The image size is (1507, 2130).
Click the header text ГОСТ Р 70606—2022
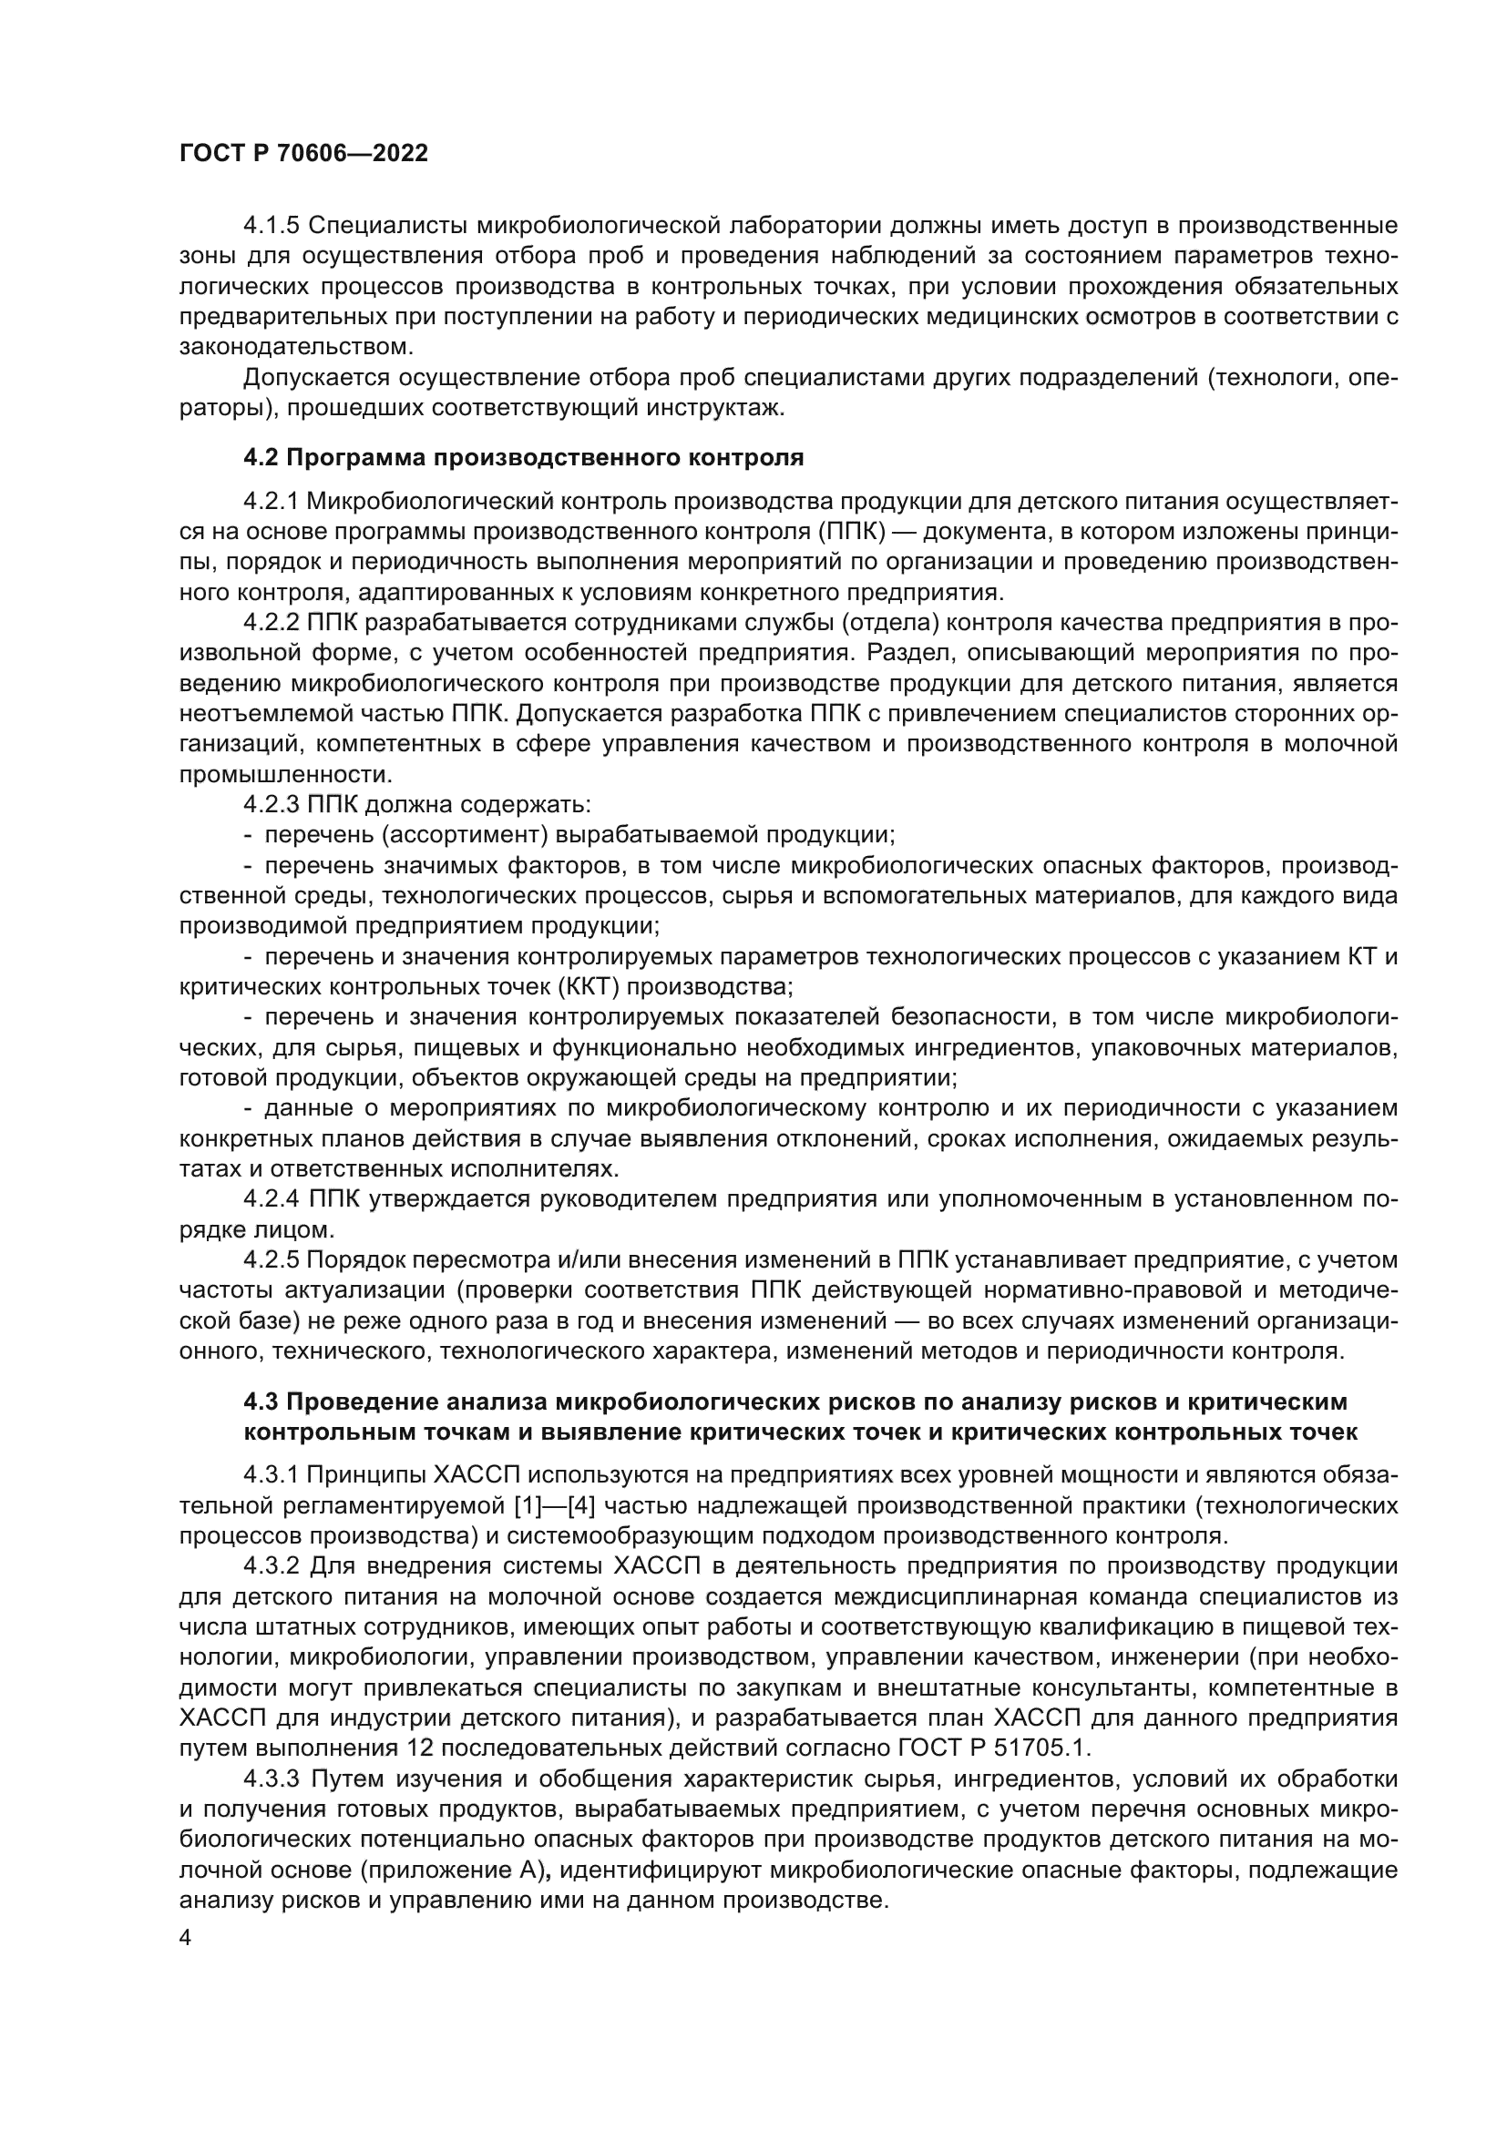[303, 154]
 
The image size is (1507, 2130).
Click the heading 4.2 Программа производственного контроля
[523, 457]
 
